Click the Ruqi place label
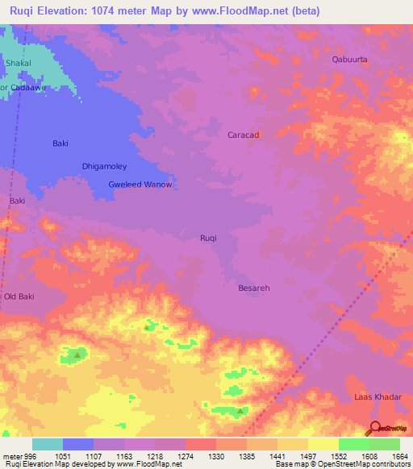(209, 238)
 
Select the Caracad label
(243, 135)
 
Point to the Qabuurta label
(350, 60)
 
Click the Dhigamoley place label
(105, 167)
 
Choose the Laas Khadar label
(376, 398)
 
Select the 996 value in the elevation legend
(31, 455)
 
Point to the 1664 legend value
(401, 455)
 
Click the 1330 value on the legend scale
(217, 455)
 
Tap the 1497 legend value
(309, 455)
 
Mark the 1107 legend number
(94, 455)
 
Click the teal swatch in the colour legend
(47, 444)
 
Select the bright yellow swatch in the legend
(323, 444)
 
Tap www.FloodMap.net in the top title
(249, 11)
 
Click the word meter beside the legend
(11, 455)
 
